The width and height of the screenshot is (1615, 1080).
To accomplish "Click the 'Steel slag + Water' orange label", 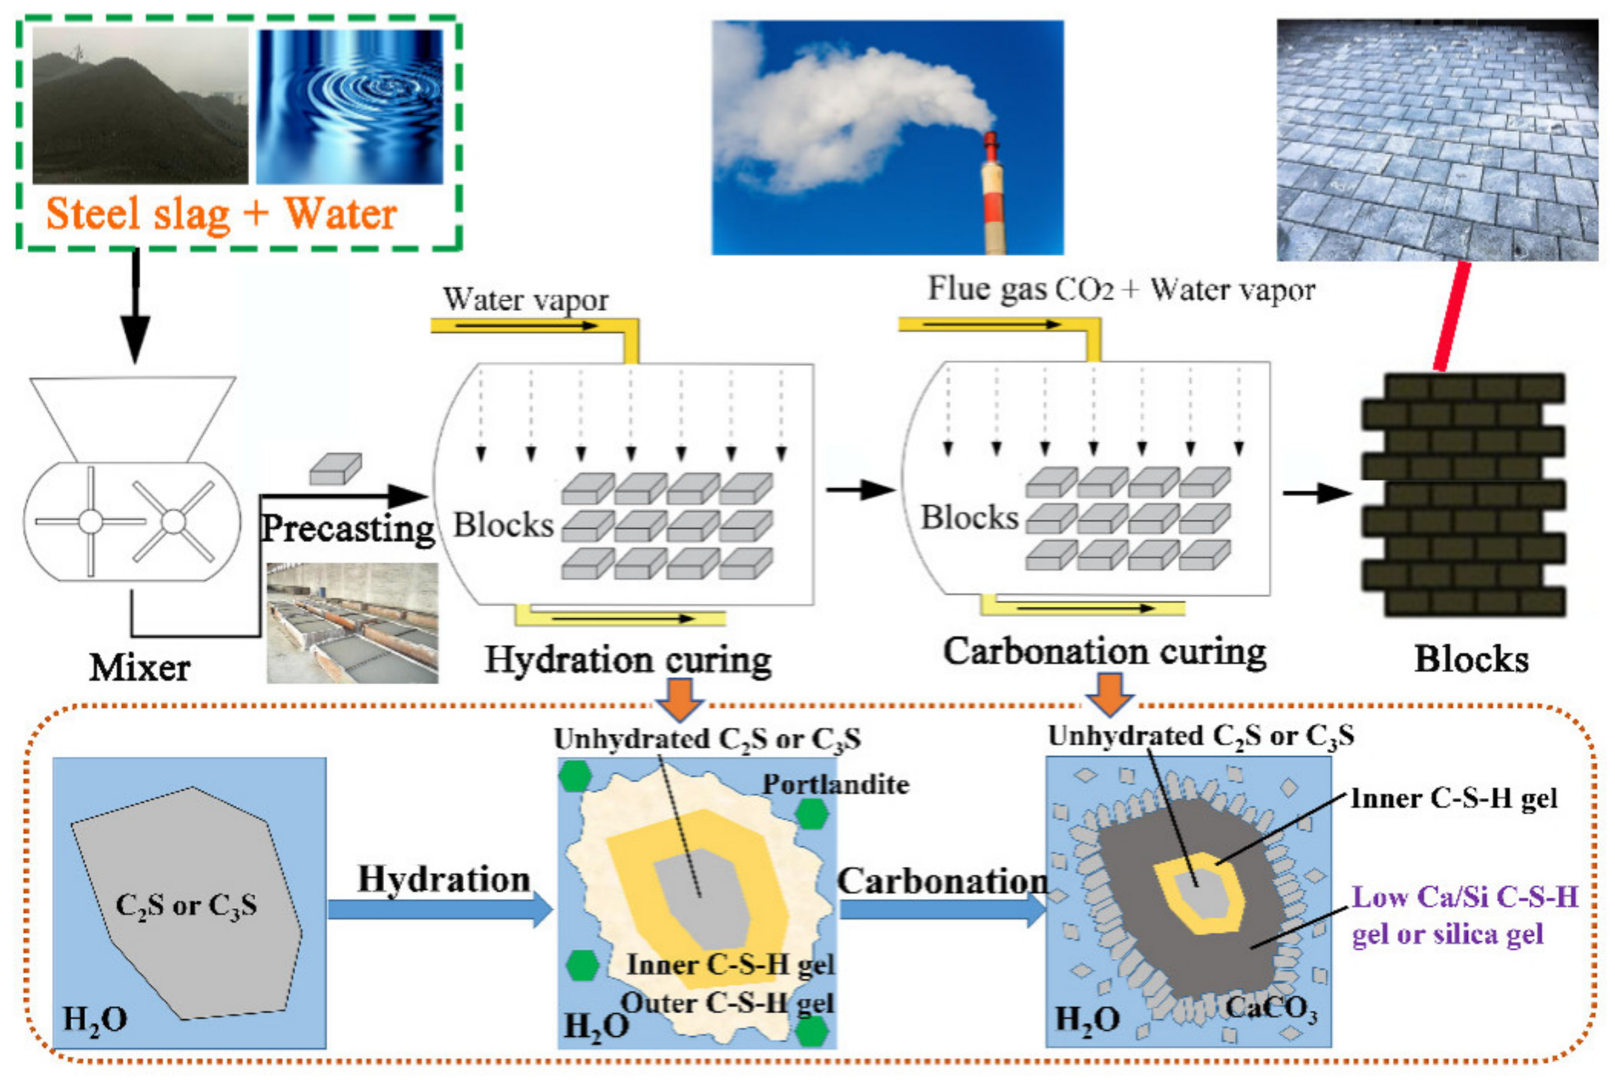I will pyautogui.click(x=221, y=213).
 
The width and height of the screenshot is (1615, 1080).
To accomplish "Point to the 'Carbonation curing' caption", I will pyautogui.click(x=1105, y=652).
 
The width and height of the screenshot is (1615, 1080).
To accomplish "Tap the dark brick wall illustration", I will pyautogui.click(x=1462, y=495).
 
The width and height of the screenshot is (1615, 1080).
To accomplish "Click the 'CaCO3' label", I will pyautogui.click(x=1271, y=1009).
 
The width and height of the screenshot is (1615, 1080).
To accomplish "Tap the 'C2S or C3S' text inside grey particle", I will pyautogui.click(x=186, y=904).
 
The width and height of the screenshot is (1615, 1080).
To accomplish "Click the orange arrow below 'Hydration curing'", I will pyautogui.click(x=679, y=698).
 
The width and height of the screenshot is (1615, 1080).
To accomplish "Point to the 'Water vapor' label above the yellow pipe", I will pyautogui.click(x=526, y=300).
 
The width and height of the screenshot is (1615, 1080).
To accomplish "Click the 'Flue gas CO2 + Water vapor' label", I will pyautogui.click(x=1121, y=289).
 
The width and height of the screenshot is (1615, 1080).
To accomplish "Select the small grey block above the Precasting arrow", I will pyautogui.click(x=336, y=468).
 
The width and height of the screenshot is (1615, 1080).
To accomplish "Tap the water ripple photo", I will pyautogui.click(x=350, y=107).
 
